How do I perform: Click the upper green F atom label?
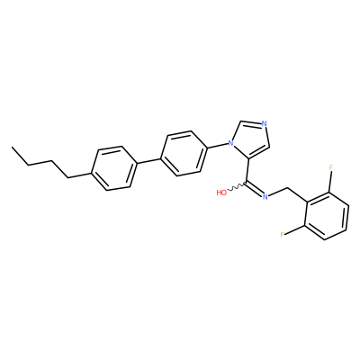pyautogui.click(x=331, y=167)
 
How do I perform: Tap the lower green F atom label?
pyautogui.click(x=282, y=235)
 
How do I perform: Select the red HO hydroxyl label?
pyautogui.click(x=221, y=193)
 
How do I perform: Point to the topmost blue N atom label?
pyautogui.click(x=264, y=123)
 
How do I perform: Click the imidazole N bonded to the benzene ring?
pyautogui.click(x=230, y=143)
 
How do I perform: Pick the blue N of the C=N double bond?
pyautogui.click(x=265, y=196)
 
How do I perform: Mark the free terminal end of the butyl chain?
pyautogui.click(x=12, y=148)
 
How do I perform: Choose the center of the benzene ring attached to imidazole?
pyautogui.click(x=184, y=153)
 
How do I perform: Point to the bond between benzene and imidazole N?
pyautogui.click(x=217, y=146)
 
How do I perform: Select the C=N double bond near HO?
pyautogui.click(x=255, y=188)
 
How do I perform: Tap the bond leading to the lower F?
pyautogui.click(x=295, y=229)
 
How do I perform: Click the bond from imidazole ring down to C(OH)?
pyautogui.click(x=247, y=170)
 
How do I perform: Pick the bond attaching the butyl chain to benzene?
pyautogui.click(x=79, y=175)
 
